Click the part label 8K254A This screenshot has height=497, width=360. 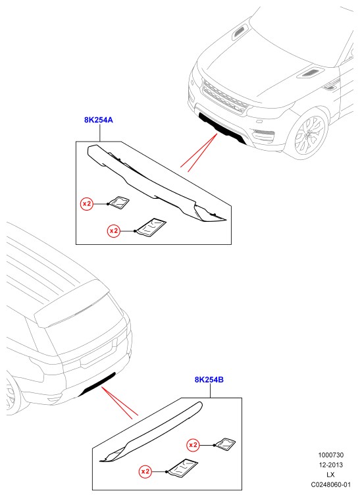click(x=99, y=120)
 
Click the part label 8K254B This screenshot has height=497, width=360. click(x=209, y=379)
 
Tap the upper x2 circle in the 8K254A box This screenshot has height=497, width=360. click(x=86, y=204)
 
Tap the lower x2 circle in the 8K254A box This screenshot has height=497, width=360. click(x=114, y=231)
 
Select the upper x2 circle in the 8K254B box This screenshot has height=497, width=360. click(x=193, y=445)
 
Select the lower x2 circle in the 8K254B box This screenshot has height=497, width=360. click(x=145, y=471)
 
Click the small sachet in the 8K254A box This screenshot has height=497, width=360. click(x=119, y=203)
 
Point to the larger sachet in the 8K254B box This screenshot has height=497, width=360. click(x=182, y=467)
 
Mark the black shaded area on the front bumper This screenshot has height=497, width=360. click(x=222, y=127)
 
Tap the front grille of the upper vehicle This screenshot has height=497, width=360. click(x=224, y=97)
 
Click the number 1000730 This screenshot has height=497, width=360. click(x=331, y=455)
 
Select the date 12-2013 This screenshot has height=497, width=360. click(x=331, y=465)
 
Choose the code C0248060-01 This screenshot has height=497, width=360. click(x=331, y=484)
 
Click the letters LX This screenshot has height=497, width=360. click(x=331, y=475)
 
